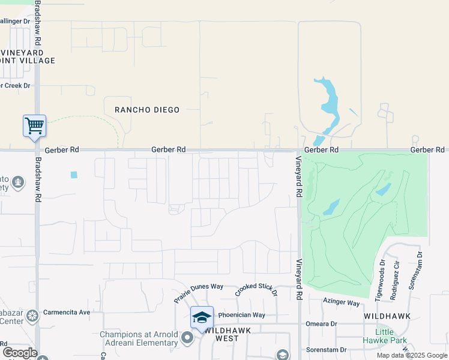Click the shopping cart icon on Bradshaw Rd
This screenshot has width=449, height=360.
coord(34,126)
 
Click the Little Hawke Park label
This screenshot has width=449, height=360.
coord(385,336)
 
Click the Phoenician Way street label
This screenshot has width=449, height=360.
coord(241,315)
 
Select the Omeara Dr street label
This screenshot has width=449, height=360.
coord(321,324)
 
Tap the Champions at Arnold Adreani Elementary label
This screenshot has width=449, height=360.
coord(139,338)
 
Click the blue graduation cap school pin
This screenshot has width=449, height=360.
coord(202,317)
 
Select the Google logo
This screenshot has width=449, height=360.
coord(20,353)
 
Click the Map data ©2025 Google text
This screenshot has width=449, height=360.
coord(411,355)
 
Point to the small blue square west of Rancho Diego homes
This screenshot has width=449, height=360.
coord(74,175)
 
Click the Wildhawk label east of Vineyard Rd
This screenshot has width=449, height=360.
coord(387,316)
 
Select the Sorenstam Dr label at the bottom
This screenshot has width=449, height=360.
coord(327,349)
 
